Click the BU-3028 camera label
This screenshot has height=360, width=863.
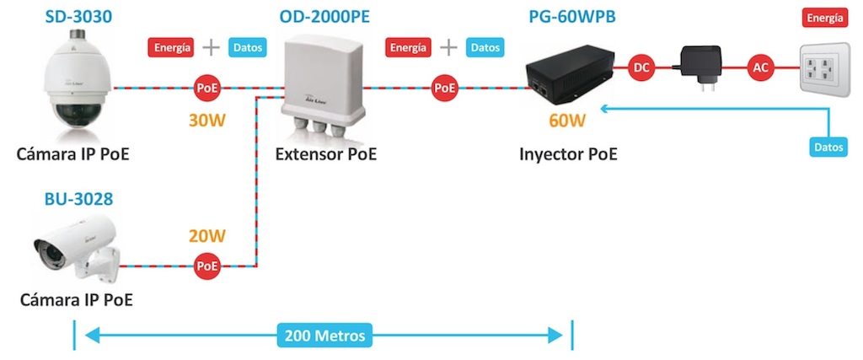(x=78, y=200)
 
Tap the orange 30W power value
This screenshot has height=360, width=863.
(x=207, y=120)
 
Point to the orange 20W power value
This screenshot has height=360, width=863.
(x=207, y=237)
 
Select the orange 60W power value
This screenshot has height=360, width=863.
(x=566, y=120)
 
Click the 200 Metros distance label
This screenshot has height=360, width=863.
(x=324, y=336)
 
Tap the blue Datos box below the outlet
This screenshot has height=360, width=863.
(x=828, y=147)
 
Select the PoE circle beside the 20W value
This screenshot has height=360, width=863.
(x=207, y=266)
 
